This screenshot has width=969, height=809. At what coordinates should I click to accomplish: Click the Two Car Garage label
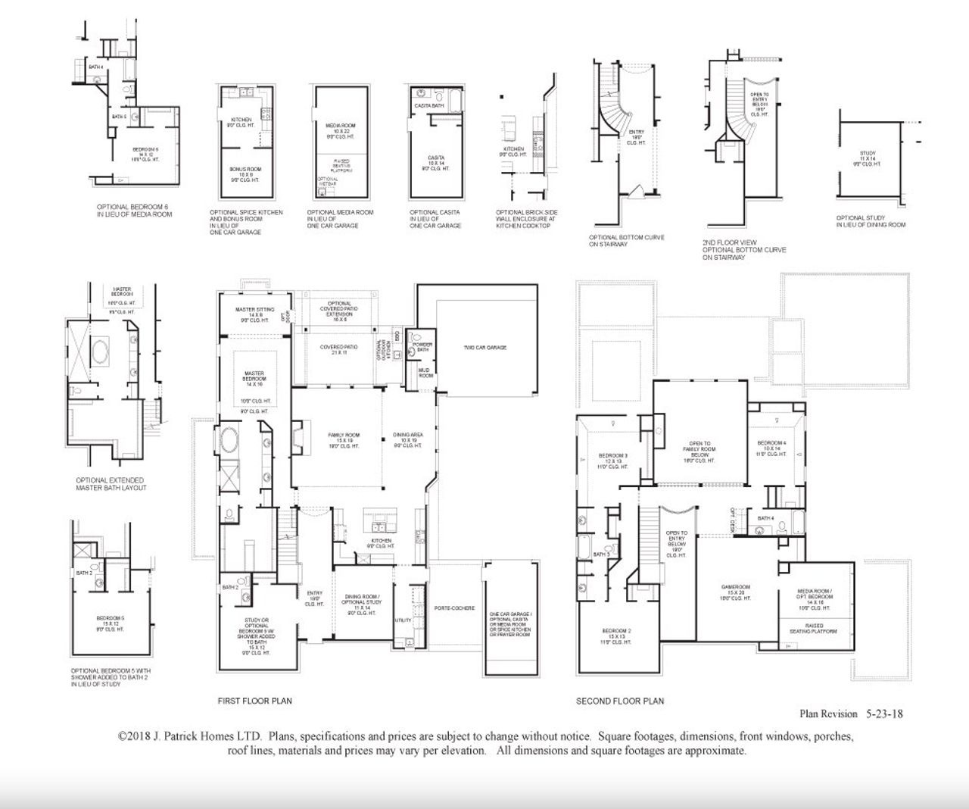[x=485, y=348]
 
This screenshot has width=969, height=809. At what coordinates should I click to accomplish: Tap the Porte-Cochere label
[x=454, y=608]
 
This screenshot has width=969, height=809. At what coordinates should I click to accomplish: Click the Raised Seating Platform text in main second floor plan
[x=815, y=629]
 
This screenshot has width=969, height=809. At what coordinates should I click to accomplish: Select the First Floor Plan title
[x=254, y=701]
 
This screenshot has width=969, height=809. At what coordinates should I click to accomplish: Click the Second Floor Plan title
[x=620, y=701]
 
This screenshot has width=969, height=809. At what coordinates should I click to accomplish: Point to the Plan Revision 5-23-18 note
[x=851, y=714]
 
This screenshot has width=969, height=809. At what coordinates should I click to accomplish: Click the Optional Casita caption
[x=435, y=219]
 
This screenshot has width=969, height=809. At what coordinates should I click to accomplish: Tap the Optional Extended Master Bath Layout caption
[x=111, y=484]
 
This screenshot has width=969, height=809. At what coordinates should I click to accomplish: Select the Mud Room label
[x=425, y=373]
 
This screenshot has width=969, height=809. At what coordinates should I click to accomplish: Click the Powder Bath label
[x=422, y=347]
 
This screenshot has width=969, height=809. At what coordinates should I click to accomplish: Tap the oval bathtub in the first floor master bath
[x=229, y=439]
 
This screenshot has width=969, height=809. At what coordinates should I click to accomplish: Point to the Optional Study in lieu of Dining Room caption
[x=871, y=221]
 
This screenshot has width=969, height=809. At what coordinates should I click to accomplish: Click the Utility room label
[x=403, y=620]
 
